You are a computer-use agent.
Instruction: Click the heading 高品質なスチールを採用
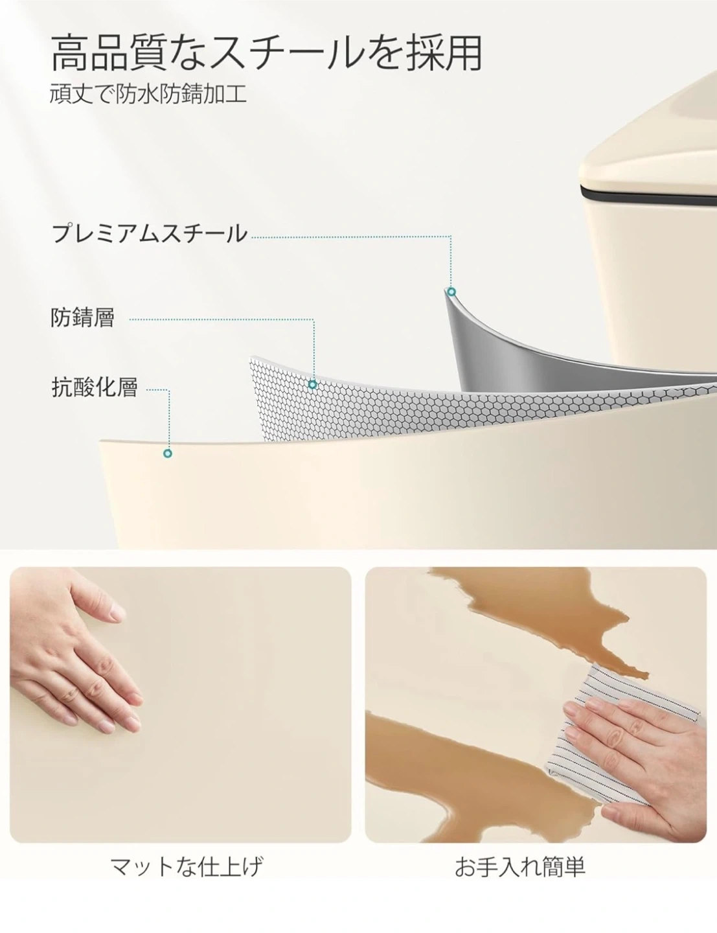[266, 53]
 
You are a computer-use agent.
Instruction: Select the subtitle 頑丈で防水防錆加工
[148, 93]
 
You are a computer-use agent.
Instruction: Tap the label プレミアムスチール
[150, 234]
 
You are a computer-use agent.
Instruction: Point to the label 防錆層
[83, 317]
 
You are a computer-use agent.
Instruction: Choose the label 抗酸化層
[95, 387]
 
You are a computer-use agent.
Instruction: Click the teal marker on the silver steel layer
[451, 292]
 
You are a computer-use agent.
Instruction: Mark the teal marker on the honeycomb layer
[313, 385]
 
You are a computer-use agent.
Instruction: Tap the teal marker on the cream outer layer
[168, 454]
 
